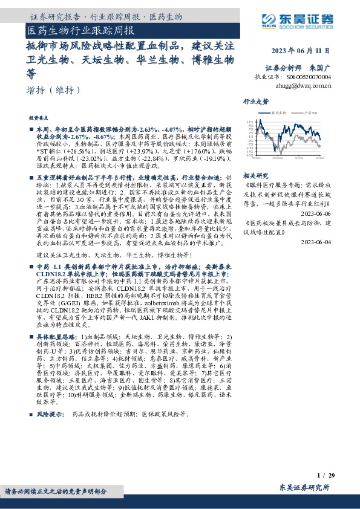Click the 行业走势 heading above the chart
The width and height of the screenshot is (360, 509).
point(256,102)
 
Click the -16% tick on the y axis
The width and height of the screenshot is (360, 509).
point(250,155)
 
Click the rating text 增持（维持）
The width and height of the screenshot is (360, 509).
point(54,90)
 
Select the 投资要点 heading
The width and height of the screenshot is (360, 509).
point(39,119)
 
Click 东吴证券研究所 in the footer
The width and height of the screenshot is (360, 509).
point(304,487)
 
